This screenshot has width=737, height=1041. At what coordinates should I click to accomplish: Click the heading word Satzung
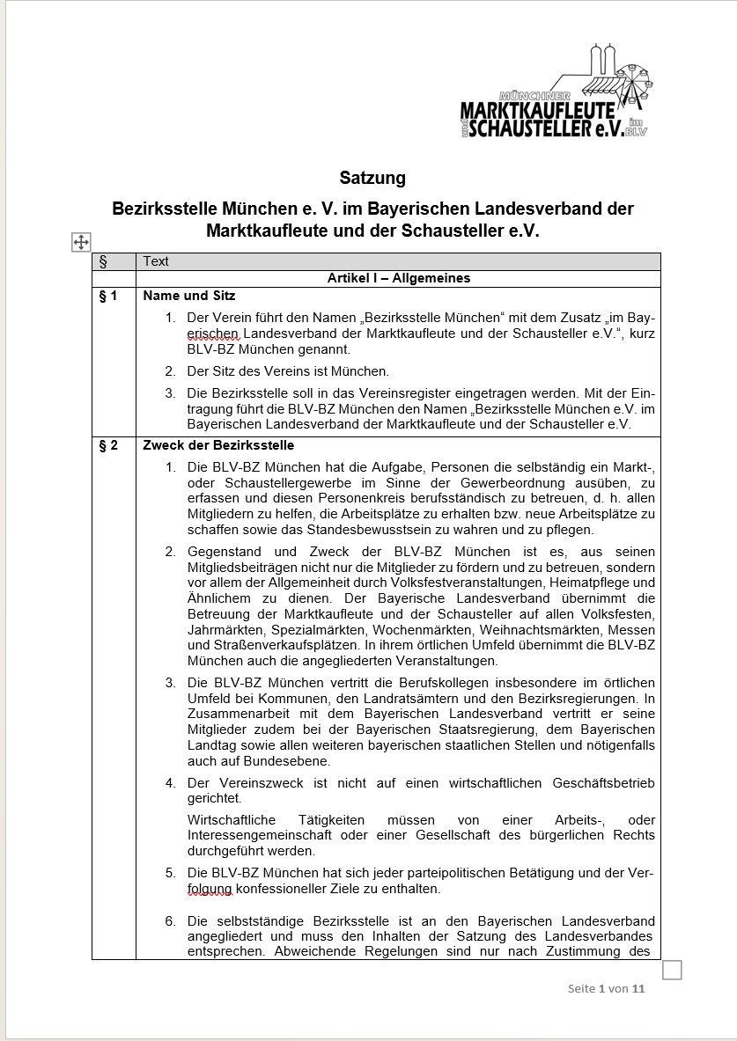pyautogui.click(x=372, y=178)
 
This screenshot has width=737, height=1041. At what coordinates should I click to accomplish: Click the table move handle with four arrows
pyautogui.click(x=80, y=243)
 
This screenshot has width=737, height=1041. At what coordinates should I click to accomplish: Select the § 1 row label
pyautogui.click(x=108, y=296)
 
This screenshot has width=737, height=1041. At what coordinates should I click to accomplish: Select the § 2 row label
pyautogui.click(x=108, y=445)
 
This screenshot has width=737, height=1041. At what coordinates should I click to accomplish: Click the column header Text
pyautogui.click(x=156, y=261)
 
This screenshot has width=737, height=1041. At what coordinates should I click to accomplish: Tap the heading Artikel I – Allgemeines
pyautogui.click(x=398, y=278)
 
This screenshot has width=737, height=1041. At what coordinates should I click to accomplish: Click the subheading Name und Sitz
pyautogui.click(x=189, y=296)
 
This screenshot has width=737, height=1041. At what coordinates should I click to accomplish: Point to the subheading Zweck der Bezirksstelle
pyautogui.click(x=218, y=445)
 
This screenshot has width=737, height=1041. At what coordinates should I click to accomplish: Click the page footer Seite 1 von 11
pyautogui.click(x=607, y=988)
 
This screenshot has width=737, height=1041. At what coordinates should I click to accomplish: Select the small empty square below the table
pyautogui.click(x=672, y=970)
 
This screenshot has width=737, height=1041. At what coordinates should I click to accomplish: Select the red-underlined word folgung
pyautogui.click(x=210, y=889)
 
